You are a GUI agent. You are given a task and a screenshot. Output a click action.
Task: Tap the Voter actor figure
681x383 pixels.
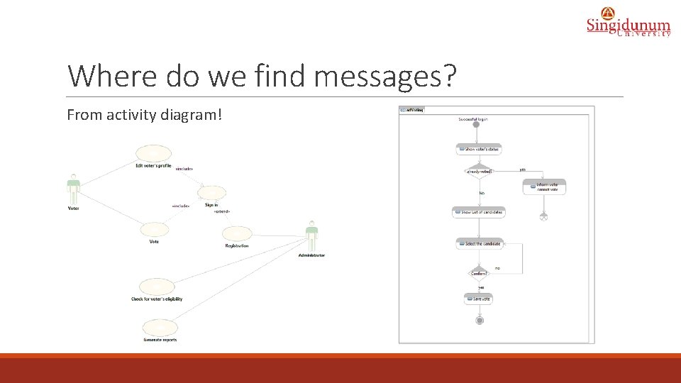73,189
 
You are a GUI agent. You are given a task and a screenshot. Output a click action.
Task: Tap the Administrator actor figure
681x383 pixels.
311,236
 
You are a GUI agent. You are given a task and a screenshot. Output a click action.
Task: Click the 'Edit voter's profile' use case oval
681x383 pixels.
153,154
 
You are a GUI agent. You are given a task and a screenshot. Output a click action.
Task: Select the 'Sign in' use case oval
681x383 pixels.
211,193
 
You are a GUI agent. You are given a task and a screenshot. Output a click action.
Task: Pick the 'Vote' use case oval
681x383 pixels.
154,229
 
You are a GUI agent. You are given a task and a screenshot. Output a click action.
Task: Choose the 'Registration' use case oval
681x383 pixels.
236,234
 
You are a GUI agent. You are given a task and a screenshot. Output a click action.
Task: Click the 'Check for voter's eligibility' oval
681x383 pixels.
157,287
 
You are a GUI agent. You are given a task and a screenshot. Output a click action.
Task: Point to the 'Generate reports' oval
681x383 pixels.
160,328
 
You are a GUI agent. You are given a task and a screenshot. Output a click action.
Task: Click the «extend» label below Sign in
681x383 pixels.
222,212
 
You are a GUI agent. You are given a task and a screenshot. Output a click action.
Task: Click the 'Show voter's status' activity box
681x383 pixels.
479,149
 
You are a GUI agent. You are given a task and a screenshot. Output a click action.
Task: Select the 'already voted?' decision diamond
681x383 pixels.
479,171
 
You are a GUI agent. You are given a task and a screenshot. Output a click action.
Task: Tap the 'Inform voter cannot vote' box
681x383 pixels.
545,187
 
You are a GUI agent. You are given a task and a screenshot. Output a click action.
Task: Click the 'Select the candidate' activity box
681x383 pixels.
479,243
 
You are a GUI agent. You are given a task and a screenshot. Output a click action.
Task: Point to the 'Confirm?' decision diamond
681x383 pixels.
479,273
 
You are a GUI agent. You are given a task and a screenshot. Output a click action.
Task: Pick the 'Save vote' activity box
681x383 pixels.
478,299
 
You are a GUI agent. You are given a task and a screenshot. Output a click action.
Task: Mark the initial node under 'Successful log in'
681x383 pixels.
476,125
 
